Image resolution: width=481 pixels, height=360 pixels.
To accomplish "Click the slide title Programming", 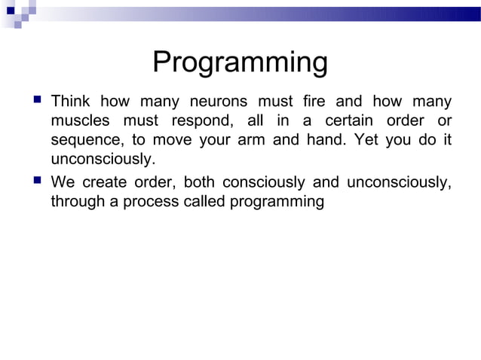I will click(240, 63).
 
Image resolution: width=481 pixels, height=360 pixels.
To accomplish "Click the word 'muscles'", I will click(78, 121).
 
